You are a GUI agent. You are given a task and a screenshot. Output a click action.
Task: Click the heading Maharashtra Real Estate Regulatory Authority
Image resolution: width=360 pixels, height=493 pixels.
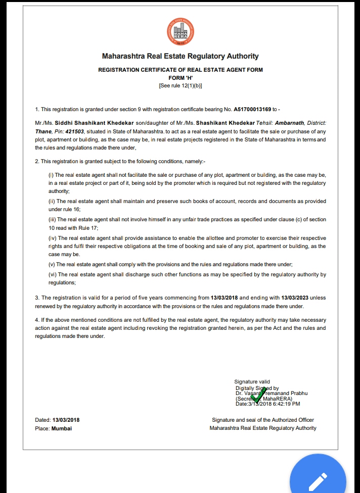[180, 57]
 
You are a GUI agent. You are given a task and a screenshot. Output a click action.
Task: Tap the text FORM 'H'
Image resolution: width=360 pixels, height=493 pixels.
[180, 78]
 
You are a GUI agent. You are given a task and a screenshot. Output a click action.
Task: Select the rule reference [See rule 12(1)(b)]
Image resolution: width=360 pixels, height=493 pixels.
[180, 86]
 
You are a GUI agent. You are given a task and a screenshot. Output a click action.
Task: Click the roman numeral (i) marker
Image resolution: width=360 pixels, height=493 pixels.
[51, 175]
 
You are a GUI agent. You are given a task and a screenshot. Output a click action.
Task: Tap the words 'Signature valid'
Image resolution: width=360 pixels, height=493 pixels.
[252, 382]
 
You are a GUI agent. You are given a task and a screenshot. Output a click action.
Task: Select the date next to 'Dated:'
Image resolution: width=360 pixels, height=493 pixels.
[66, 420]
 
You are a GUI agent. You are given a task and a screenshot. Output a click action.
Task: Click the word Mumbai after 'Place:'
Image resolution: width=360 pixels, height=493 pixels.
[62, 428]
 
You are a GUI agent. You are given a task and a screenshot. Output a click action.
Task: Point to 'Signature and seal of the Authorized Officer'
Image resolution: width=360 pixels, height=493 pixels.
[263, 420]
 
